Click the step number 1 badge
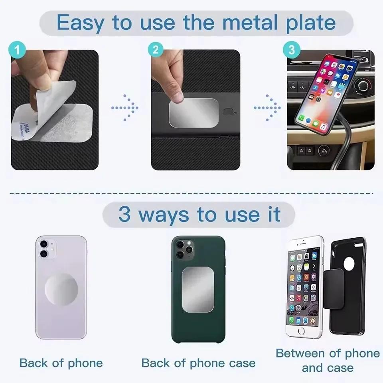click(x=16, y=51)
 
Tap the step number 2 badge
click(x=156, y=50)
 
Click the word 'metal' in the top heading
click(x=240, y=23)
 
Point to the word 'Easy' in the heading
click(x=82, y=23)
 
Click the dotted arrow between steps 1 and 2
click(x=124, y=108)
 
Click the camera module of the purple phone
click(x=47, y=249)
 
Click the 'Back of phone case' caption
click(x=198, y=363)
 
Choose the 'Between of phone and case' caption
click(x=327, y=360)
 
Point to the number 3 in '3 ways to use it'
click(x=124, y=215)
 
